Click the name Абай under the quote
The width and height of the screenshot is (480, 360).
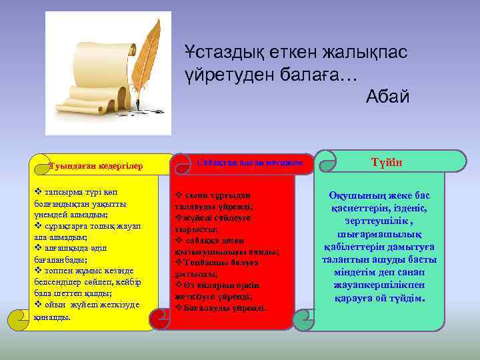click(387, 97)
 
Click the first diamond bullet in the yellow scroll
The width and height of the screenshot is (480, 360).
click(37, 191)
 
